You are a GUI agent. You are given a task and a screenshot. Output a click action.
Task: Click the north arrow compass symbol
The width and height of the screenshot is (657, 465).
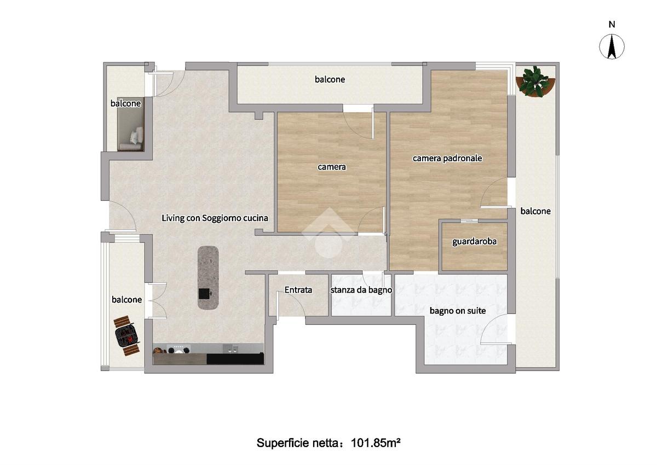[x=612, y=47]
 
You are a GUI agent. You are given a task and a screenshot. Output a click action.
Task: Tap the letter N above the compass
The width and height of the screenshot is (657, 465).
[x=612, y=24]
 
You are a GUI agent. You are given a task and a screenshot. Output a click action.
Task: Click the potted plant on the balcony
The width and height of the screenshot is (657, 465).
[x=535, y=81]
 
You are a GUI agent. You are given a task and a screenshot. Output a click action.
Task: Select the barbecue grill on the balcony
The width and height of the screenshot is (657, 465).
[x=126, y=335]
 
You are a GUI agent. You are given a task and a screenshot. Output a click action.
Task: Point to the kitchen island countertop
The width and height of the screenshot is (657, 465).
[x=208, y=277]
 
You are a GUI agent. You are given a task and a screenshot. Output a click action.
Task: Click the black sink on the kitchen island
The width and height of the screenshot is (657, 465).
[x=204, y=294]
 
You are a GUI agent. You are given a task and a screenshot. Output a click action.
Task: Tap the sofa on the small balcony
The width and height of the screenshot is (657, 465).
[x=130, y=124]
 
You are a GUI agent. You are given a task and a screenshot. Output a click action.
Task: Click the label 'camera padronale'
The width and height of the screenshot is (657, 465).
[x=447, y=158]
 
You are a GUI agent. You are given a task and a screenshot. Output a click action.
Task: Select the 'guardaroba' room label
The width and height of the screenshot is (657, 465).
[x=474, y=241]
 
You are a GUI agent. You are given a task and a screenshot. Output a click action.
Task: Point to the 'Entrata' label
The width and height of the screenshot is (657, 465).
[x=298, y=290]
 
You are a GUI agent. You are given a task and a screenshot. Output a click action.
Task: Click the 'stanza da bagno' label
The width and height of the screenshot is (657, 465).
[x=361, y=290]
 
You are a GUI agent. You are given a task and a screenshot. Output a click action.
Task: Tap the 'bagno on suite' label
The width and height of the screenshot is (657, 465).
[x=458, y=311]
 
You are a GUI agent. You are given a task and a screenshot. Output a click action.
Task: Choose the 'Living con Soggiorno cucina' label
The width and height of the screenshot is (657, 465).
[x=215, y=218]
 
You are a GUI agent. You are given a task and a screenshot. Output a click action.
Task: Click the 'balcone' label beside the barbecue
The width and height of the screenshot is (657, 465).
[x=126, y=299]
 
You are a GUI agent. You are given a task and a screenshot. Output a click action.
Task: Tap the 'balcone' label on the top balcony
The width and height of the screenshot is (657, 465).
[x=330, y=79]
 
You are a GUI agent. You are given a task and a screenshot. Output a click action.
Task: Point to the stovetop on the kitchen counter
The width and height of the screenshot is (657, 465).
[x=178, y=349]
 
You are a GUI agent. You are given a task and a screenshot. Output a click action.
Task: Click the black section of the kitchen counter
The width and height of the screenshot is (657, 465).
[x=235, y=359]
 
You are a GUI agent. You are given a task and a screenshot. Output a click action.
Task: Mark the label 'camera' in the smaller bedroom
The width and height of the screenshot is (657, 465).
[x=332, y=167]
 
